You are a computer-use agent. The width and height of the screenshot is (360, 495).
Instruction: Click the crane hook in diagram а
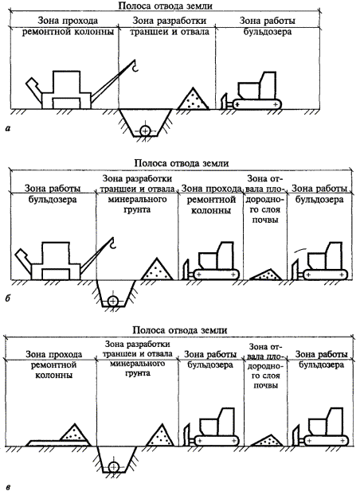tap(135, 65)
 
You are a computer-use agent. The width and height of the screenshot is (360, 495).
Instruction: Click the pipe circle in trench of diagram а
tap(145, 130)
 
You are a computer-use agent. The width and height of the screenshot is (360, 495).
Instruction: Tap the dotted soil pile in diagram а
tap(193, 99)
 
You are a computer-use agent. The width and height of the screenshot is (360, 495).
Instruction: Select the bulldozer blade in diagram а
tap(225, 101)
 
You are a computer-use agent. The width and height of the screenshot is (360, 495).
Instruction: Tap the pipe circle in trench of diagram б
tap(112, 301)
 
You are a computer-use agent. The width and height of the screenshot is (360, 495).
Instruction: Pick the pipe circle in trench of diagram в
tap(113, 467)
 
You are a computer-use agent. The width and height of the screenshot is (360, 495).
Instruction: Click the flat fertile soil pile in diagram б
tap(266, 275)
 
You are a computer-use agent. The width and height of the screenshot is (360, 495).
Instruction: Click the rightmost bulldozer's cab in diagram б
tap(334, 255)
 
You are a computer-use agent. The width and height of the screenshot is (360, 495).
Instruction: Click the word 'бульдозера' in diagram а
tap(268, 32)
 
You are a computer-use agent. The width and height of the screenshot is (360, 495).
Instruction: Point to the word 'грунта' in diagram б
tap(137, 209)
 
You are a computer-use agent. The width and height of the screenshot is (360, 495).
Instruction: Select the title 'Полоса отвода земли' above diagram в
tap(179, 330)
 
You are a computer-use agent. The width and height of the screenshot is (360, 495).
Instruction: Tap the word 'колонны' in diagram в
tap(53, 376)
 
